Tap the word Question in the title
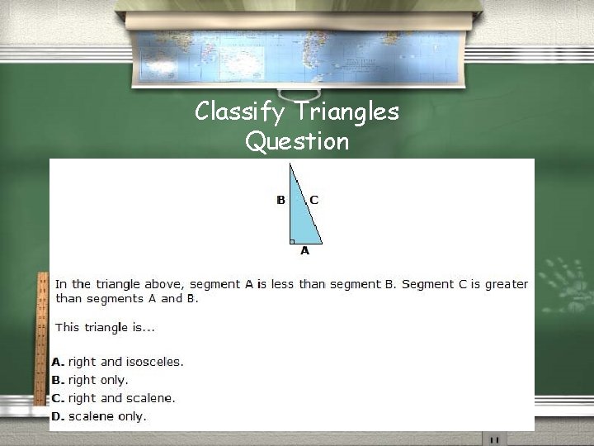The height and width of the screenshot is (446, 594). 297,141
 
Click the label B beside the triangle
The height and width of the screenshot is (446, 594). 280,200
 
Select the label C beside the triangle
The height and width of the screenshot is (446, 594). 313,200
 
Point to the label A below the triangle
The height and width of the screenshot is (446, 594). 304,250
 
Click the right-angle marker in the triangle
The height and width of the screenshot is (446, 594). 293,241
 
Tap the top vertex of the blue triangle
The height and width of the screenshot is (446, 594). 290,164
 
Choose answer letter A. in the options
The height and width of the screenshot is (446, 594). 58,362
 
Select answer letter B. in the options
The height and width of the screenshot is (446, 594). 58,380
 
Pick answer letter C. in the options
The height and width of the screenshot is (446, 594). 58,398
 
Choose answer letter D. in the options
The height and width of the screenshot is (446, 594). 58,416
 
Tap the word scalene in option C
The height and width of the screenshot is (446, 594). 151,398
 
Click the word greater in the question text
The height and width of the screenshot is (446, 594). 506,284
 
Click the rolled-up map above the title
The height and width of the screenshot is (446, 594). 297,50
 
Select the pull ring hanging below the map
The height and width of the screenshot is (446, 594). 296,93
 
